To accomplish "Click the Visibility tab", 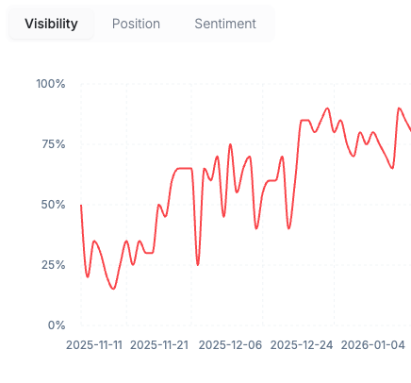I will pyautogui.click(x=51, y=24).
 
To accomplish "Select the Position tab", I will pyautogui.click(x=136, y=24).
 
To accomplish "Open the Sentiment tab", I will pyautogui.click(x=225, y=24).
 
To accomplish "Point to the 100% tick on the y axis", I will pyautogui.click(x=50, y=84).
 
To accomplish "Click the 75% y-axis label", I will pyautogui.click(x=51, y=144).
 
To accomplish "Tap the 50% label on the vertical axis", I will pyautogui.click(x=51, y=205).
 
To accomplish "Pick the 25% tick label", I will pyautogui.click(x=51, y=265).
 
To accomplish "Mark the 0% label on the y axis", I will pyautogui.click(x=55, y=325).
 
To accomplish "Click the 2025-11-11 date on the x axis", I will pyautogui.click(x=94, y=345).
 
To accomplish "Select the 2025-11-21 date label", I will pyautogui.click(x=159, y=345).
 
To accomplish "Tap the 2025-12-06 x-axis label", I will pyautogui.click(x=231, y=345).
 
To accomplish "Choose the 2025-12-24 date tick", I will pyautogui.click(x=302, y=345).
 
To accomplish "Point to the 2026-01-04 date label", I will pyautogui.click(x=373, y=345).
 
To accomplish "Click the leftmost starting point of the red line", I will pyautogui.click(x=81, y=205).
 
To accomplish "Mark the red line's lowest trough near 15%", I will pyautogui.click(x=113, y=289).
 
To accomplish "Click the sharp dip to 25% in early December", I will pyautogui.click(x=198, y=264).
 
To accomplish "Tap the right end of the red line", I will pyautogui.click(x=409, y=130).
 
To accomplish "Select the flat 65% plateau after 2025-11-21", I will pyautogui.click(x=184, y=169).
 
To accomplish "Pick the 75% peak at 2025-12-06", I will pyautogui.click(x=230, y=144).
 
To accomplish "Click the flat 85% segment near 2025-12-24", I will pyautogui.click(x=304, y=121).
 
